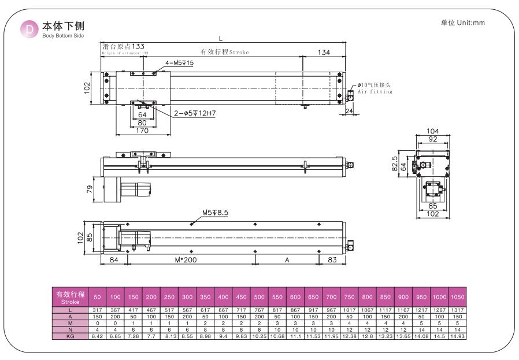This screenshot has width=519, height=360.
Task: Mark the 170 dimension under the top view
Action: pyautogui.click(x=143, y=130)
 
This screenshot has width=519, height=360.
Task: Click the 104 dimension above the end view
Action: pyautogui.click(x=432, y=131)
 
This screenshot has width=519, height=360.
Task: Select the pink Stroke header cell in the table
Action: pyautogui.click(x=70, y=297)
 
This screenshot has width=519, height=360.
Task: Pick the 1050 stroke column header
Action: pyautogui.click(x=457, y=297)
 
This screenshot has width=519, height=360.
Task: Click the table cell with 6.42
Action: pyautogui.click(x=97, y=336)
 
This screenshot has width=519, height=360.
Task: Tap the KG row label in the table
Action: pyautogui.click(x=70, y=336)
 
